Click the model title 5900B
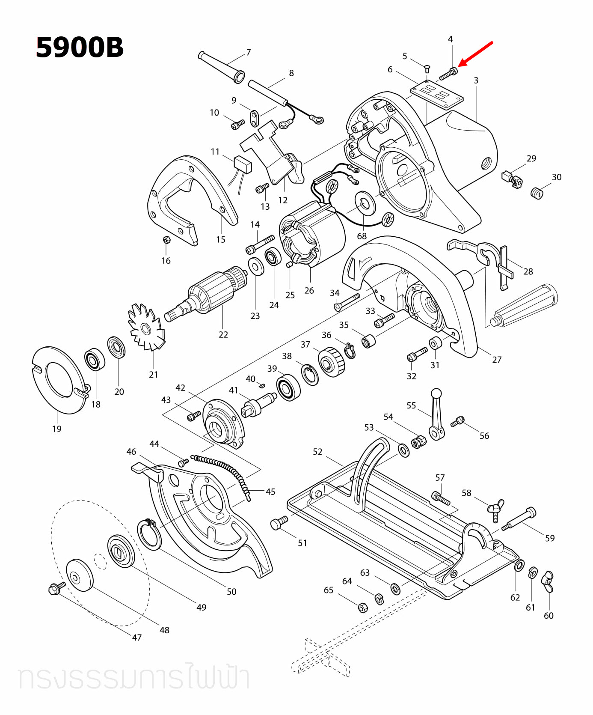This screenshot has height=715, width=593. coord(80,47)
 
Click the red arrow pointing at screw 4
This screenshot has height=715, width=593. coord(476,54)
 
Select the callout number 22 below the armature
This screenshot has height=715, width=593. coord(223,335)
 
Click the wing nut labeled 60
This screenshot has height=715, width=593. coord(548,581)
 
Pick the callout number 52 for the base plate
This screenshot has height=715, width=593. coord(317,452)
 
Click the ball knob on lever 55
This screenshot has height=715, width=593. coord(436,393)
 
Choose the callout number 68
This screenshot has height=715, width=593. coord(362,236)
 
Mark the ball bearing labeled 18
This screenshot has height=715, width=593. coord(95,360)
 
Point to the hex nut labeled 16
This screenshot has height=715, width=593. coord(167,240)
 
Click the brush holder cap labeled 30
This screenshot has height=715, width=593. coord(537,193)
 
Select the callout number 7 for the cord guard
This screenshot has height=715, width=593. coord(249,52)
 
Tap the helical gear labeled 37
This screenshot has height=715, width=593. coord(332,362)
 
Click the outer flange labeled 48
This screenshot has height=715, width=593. coord(80,575)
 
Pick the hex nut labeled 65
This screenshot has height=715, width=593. coord(362,607)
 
